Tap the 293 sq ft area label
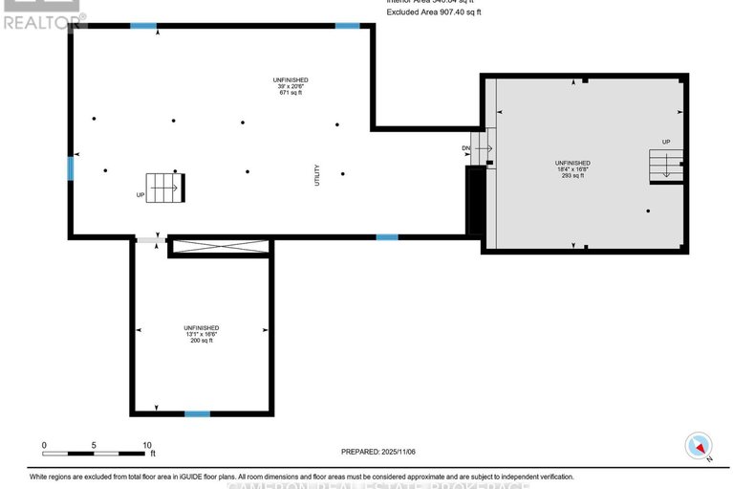[572, 176]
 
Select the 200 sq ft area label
[202, 340]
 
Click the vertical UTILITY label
[316, 175]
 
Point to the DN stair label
[465, 148]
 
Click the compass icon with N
[700, 446]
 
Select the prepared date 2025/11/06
[379, 452]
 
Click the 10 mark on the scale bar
[146, 445]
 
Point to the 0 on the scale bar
[44, 445]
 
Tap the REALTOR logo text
[44, 18]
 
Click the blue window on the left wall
[70, 168]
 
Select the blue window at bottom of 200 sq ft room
[197, 413]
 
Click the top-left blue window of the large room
[143, 26]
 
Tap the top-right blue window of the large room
[347, 26]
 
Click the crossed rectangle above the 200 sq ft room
[220, 248]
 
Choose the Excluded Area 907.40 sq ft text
[435, 12]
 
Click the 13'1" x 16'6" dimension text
[202, 333]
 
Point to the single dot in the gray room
[648, 211]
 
